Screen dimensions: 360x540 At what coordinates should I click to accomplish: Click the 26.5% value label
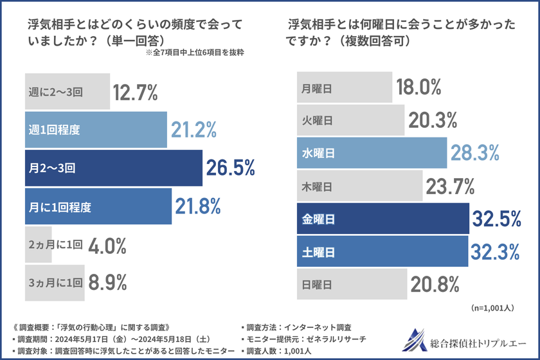pos(230,168)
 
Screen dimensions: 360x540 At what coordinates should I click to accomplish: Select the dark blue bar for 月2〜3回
pos(113,168)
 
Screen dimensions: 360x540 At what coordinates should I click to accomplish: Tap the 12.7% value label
pos(135,93)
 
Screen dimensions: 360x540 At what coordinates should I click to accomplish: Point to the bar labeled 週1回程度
pos(96,130)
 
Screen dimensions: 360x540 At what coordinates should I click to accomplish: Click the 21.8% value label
pos(198,206)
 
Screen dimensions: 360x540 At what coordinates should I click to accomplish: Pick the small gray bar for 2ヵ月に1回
pos(39,244)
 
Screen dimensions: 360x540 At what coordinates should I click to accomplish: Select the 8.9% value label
pos(109,282)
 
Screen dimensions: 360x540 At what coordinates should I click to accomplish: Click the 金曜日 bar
pos(382,219)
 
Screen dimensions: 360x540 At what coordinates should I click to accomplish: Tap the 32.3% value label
pos(495,251)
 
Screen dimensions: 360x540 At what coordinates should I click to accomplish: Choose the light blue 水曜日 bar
pos(372,153)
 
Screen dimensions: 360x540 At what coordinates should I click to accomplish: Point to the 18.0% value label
pos(419,87)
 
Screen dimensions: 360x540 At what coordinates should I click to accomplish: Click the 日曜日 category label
pos(316,284)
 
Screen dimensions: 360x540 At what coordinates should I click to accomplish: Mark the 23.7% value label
pos(450,187)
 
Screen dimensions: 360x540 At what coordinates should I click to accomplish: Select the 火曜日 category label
pos(316,120)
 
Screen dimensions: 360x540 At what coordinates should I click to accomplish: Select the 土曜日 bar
pos(382,252)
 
